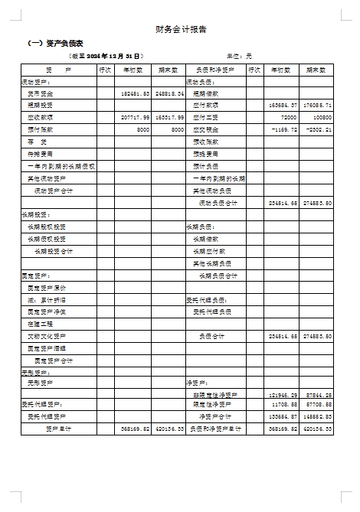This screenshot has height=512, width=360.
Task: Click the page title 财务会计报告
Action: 180,30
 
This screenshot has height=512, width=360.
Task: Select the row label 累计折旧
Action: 47,299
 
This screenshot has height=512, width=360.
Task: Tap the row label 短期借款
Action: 205,93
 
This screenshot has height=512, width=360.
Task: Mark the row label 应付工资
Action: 206,118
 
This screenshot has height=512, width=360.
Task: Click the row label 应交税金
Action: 206,130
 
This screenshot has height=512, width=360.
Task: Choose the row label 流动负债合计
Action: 218,203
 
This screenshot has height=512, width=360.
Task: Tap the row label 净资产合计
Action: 216,416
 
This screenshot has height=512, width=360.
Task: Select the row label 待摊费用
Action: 41,154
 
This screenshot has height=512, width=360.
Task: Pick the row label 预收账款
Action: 206,142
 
